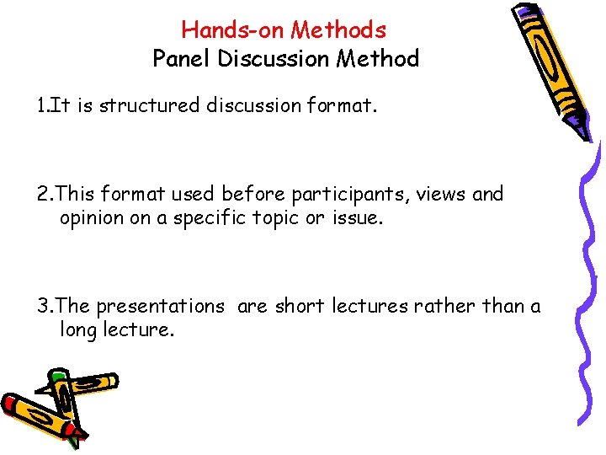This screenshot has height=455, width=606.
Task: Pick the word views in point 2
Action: tap(443, 194)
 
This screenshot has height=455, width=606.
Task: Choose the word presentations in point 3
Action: tap(160, 306)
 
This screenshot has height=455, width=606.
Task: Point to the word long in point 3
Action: tap(78, 329)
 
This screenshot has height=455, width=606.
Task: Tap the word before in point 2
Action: tap(253, 194)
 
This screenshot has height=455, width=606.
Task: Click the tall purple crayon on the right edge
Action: tap(588, 278)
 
